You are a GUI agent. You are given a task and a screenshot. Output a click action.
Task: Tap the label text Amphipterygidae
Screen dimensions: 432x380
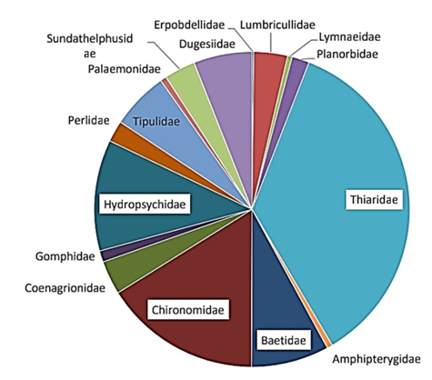click(x=377, y=359)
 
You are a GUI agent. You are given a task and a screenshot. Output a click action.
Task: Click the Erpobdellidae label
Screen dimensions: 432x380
click(x=189, y=25)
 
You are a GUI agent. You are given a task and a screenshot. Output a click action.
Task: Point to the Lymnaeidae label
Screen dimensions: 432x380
click(x=349, y=37)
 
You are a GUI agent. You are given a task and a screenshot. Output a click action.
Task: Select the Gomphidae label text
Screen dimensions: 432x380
click(x=65, y=256)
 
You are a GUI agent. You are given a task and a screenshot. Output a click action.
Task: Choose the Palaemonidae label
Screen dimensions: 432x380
click(x=125, y=69)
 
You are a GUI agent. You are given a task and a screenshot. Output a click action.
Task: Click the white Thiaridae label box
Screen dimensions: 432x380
click(x=374, y=200)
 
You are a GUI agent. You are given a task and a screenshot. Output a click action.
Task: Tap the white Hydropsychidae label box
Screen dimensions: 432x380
click(x=145, y=204)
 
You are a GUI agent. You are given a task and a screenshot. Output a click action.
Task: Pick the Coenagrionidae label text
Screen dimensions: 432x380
click(x=65, y=288)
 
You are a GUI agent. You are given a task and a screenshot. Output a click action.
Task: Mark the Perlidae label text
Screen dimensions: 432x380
click(x=88, y=121)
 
